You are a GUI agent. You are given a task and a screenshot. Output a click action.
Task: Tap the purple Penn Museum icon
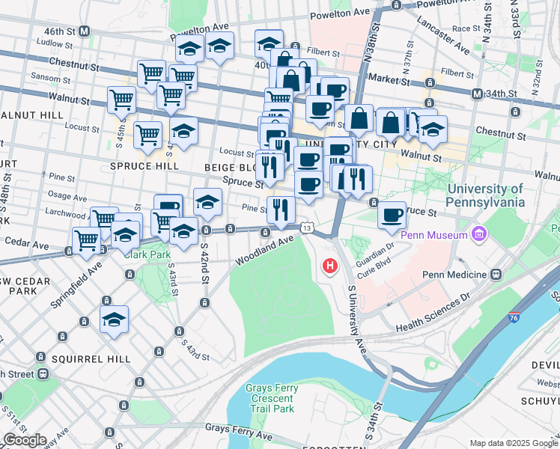pos(479,235)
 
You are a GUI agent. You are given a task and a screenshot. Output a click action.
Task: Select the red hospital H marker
pos(329,266)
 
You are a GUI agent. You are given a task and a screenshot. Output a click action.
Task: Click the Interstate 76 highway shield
pos(514,318)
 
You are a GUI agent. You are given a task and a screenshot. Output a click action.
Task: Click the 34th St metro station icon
pos(476,94)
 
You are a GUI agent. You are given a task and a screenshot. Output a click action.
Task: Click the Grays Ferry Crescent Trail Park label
pos(271,398)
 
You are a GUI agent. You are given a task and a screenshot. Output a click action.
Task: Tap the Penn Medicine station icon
pos(496,275)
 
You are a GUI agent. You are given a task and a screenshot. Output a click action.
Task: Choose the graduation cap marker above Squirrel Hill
pos(114,320)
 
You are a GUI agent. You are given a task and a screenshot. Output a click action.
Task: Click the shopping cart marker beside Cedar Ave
pos(87,241)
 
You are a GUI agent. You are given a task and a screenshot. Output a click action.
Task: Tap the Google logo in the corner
pos(24,440)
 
